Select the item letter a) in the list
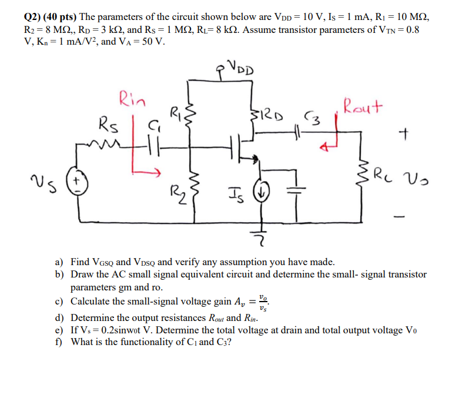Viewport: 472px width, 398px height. coord(59,262)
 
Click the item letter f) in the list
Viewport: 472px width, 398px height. coord(58,340)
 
